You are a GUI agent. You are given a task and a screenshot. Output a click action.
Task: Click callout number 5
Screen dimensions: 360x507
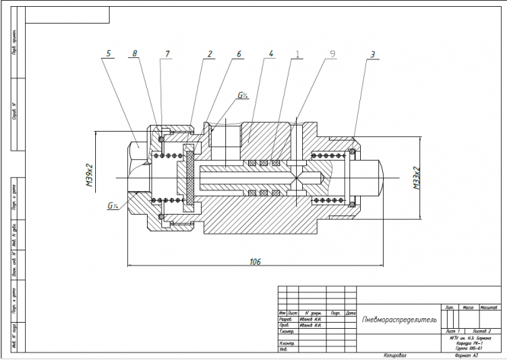tap(109, 53)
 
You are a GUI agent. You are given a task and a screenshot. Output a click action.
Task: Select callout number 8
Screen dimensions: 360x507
tap(135, 53)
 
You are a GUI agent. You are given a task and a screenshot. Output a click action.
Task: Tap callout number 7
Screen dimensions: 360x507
tap(167, 53)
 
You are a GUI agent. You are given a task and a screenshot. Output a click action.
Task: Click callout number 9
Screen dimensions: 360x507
tap(332, 53)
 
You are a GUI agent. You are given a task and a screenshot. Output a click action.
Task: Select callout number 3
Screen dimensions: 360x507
tap(372, 53)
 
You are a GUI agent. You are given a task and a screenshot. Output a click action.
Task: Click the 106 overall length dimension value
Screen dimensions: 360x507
tap(254, 261)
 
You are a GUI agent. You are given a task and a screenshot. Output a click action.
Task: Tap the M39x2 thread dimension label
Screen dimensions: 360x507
tap(89, 174)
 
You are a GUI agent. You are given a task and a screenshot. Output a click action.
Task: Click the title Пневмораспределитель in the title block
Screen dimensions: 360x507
tap(398, 319)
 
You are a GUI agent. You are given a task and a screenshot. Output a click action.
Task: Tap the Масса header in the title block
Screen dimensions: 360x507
tap(470, 307)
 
